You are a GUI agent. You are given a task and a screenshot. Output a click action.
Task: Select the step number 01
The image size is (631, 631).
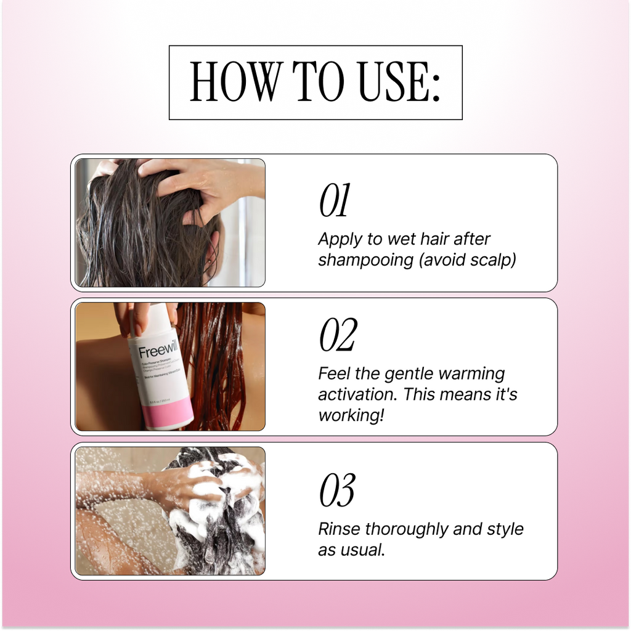[334, 202]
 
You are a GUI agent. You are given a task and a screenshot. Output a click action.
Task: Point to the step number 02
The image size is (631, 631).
[337, 336]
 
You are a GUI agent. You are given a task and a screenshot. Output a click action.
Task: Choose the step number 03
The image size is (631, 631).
[336, 491]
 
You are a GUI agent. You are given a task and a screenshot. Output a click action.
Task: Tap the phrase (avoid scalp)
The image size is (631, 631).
[467, 260]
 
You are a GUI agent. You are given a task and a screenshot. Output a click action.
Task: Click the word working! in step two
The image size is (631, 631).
[351, 415]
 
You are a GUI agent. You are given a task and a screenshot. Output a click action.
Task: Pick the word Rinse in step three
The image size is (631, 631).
[340, 529]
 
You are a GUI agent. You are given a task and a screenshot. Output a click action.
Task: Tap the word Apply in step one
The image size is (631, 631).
[338, 239]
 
